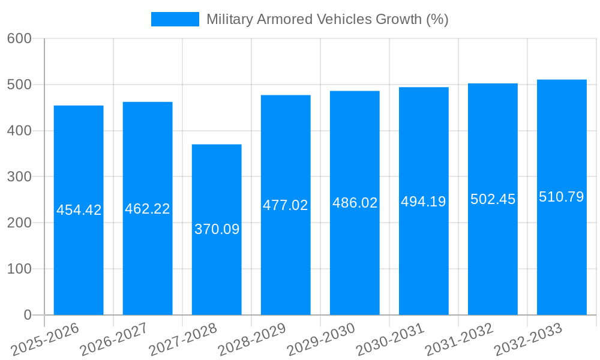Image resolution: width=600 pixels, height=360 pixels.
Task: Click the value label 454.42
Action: (79, 210)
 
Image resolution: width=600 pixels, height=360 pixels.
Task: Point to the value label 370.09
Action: (217, 229)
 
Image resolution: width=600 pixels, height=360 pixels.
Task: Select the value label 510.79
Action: (562, 197)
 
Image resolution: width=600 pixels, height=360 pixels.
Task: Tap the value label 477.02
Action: (286, 205)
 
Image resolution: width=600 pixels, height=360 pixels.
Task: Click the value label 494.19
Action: (424, 202)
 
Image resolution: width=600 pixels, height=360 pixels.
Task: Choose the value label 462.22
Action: (148, 209)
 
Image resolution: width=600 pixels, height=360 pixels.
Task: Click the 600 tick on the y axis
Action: (19, 38)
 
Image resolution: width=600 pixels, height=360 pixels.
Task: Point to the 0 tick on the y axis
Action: (27, 315)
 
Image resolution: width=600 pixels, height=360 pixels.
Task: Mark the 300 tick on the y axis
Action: (19, 177)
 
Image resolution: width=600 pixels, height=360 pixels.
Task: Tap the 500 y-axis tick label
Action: (19, 85)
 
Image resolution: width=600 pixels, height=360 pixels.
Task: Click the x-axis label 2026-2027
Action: (114, 339)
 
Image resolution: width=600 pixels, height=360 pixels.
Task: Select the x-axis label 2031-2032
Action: (459, 339)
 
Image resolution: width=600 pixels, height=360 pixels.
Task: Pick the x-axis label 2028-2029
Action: (252, 339)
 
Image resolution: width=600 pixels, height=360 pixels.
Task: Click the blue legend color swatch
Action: (175, 19)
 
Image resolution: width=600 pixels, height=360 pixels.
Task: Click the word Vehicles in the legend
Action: (347, 19)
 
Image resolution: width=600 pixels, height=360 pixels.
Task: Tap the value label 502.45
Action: (493, 199)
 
